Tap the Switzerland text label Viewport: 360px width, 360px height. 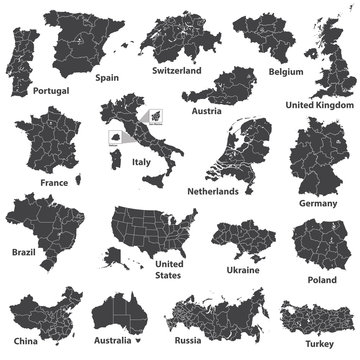click(x=176, y=72)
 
